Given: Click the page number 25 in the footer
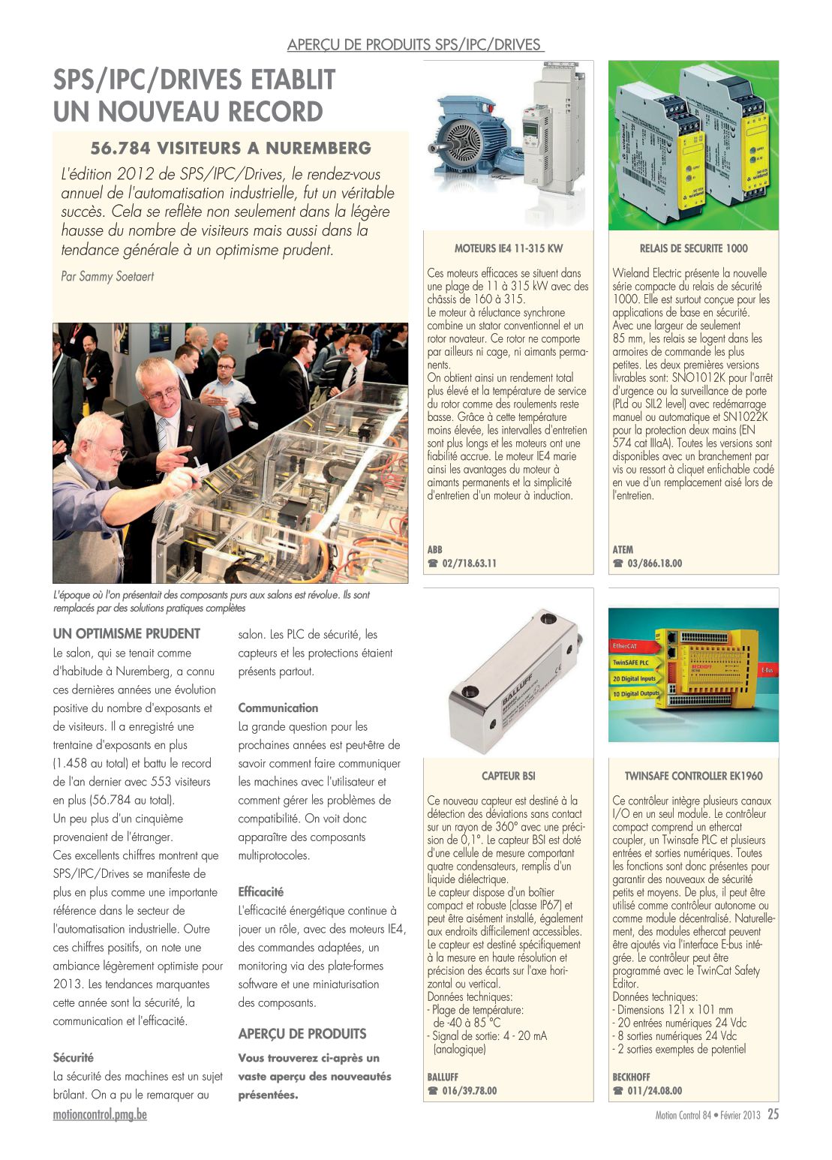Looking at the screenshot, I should click(773, 1114).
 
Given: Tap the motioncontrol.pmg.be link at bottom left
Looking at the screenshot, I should click(100, 1114).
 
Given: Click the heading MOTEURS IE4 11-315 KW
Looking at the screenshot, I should click(508, 248).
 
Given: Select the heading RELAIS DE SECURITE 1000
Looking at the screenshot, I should click(693, 248).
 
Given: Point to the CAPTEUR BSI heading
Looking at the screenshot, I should click(508, 776).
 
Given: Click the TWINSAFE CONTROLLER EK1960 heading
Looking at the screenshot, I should click(693, 776).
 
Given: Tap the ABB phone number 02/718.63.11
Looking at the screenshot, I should click(469, 563).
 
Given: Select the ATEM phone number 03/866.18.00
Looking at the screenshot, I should click(654, 563).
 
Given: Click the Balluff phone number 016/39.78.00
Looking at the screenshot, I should click(469, 1091).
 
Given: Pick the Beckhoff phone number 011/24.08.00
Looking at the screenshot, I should click(654, 1091).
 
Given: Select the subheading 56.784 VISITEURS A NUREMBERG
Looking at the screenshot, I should click(231, 148).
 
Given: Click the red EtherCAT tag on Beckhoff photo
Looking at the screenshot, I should click(627, 646).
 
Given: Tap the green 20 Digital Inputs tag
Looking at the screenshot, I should click(634, 678).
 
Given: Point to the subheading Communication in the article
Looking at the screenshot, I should click(278, 708).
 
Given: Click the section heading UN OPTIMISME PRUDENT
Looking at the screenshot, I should click(127, 633).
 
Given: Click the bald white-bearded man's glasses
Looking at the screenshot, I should click(110, 451).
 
